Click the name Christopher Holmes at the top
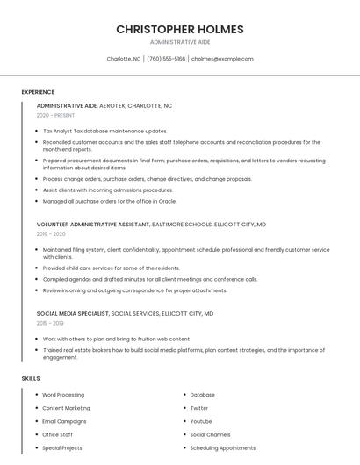[179, 29]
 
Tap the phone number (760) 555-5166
[166, 59]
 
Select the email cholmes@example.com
[222, 59]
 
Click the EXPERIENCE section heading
[38, 92]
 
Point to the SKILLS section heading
[30, 378]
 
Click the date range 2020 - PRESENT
[57, 115]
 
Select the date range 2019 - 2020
[52, 234]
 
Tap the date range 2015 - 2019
[51, 323]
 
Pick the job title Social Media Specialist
[73, 313]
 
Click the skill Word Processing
[63, 395]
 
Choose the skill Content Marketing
[66, 408]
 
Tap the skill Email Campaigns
[63, 421]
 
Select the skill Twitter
[199, 408]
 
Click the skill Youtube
[201, 421]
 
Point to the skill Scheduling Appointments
[222, 447]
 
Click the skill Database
[203, 395]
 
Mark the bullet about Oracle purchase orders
[110, 201]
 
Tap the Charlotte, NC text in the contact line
[124, 59]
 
